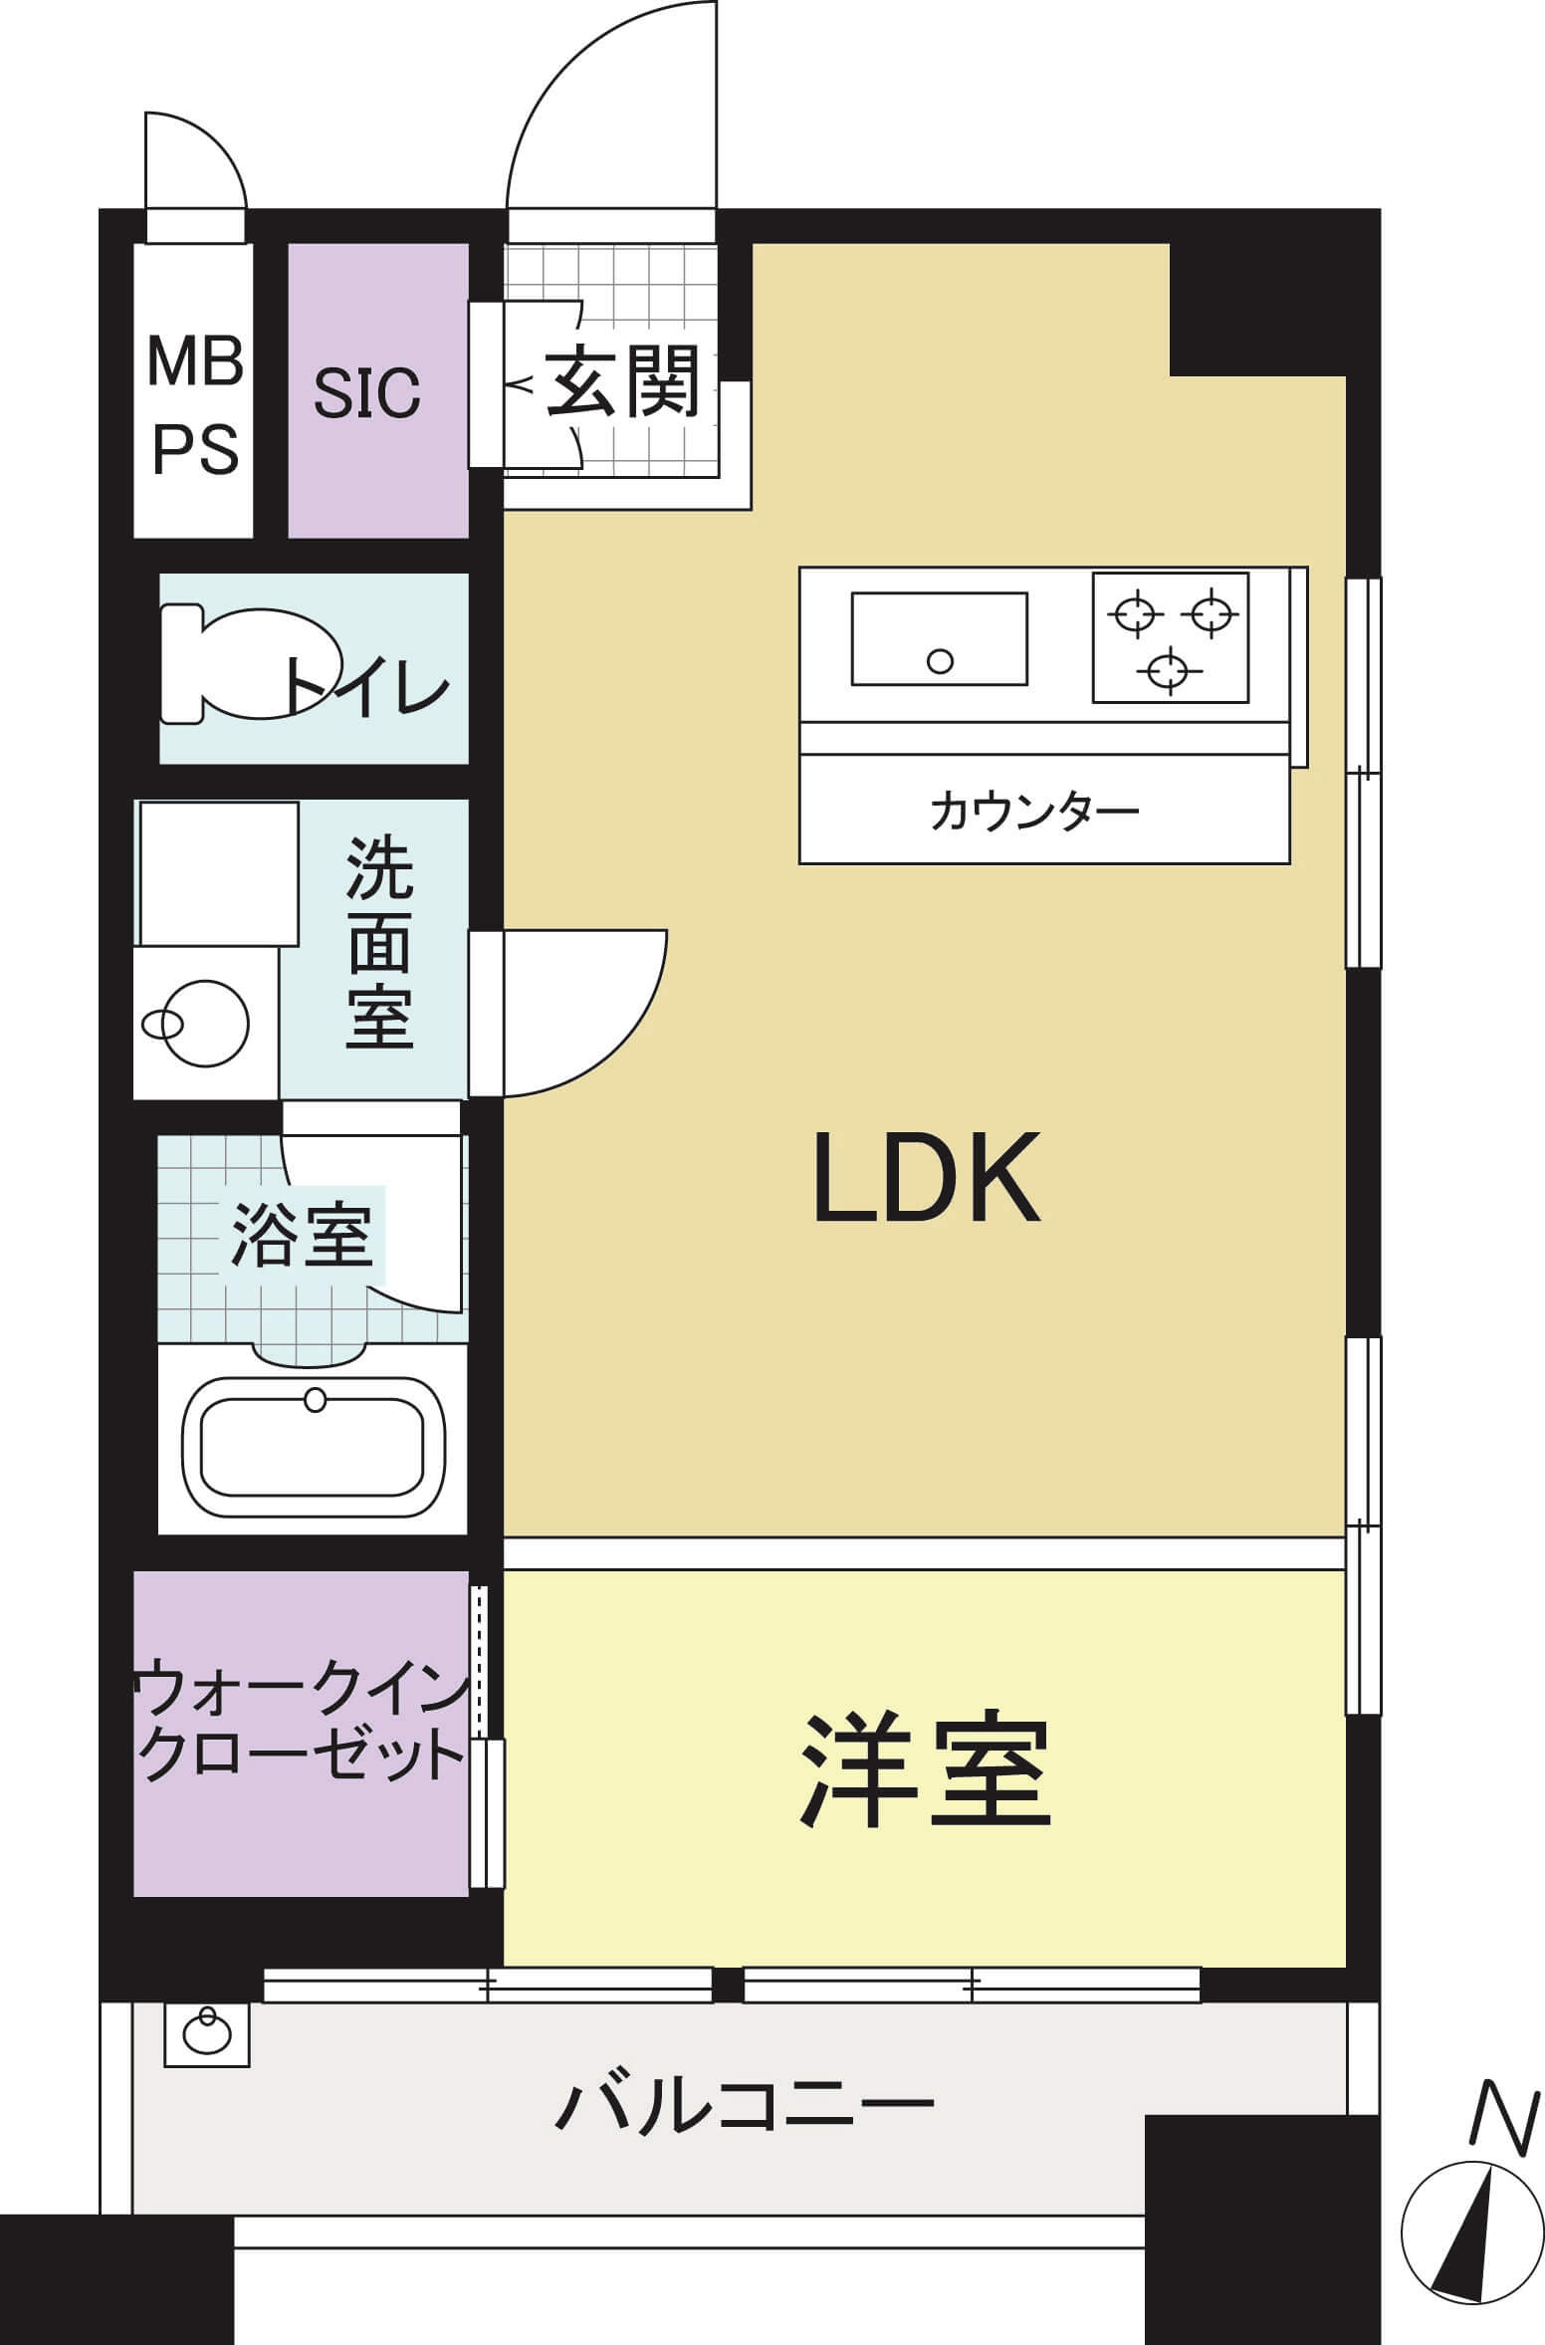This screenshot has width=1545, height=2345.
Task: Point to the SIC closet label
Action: (367, 392)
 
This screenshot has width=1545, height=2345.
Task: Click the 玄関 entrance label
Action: (622, 381)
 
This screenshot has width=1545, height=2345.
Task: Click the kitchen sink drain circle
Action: (940, 660)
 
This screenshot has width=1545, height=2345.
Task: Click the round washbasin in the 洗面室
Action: (205, 1023)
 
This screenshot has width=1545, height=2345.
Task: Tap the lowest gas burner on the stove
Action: (1169, 670)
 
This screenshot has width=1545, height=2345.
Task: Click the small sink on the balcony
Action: (207, 2036)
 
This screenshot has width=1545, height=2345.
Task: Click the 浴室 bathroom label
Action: (302, 1236)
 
